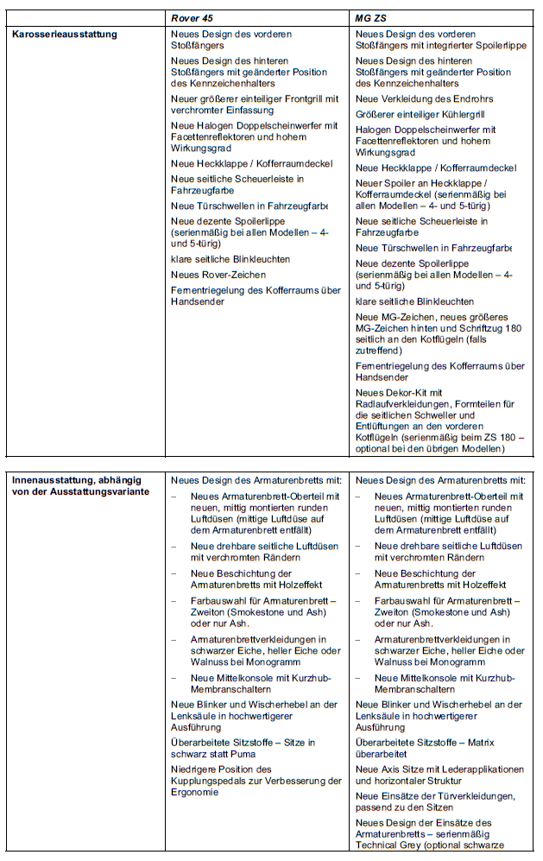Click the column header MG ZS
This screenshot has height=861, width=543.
coord(370,17)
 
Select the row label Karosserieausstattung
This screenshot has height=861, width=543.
coord(65,35)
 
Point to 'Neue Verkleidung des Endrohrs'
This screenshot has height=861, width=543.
coord(425,99)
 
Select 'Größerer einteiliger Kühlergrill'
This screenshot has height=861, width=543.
coord(423,114)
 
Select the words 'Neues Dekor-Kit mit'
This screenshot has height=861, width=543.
coord(399,392)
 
